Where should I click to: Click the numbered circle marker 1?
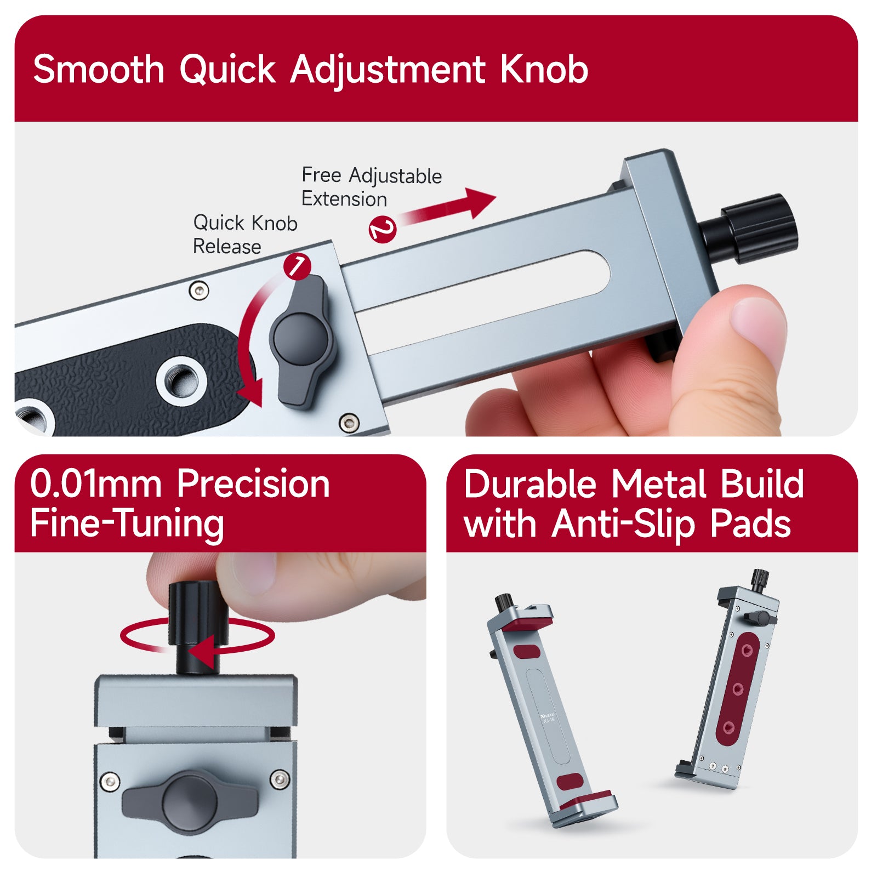297,266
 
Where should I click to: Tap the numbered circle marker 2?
383,229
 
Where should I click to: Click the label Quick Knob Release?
245,235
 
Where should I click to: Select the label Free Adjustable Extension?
372,187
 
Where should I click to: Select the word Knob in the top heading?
544,70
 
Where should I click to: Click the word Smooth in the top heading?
99,70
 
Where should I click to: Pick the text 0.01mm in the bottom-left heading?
96,484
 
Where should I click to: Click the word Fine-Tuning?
127,524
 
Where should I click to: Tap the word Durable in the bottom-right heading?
529,484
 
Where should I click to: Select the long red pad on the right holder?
738,688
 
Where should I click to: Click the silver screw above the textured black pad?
198,291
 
